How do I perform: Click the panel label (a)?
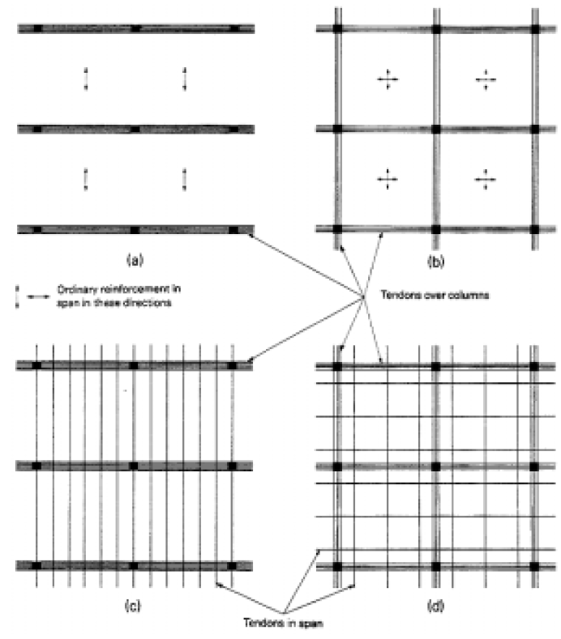[x=135, y=260]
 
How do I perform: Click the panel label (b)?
[x=435, y=261]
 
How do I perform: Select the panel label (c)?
[x=133, y=606]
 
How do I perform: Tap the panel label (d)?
[x=435, y=606]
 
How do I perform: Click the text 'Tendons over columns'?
[x=435, y=295]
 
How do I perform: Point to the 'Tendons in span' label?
[x=283, y=623]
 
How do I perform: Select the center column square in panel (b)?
[x=435, y=130]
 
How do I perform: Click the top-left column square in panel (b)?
[x=337, y=29]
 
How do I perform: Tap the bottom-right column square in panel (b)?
[x=534, y=229]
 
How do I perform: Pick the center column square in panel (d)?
[x=435, y=466]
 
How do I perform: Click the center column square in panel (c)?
[x=134, y=466]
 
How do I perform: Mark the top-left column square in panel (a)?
[x=37, y=28]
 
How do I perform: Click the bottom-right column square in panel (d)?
[x=534, y=566]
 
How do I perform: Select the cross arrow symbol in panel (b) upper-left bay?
[x=388, y=79]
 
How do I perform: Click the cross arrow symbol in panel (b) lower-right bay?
[x=486, y=179]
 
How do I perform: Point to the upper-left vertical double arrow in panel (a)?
[x=86, y=79]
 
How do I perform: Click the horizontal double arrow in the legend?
[x=38, y=296]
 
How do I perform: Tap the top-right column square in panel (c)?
[x=232, y=365]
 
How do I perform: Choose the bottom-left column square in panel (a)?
[x=37, y=230]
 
